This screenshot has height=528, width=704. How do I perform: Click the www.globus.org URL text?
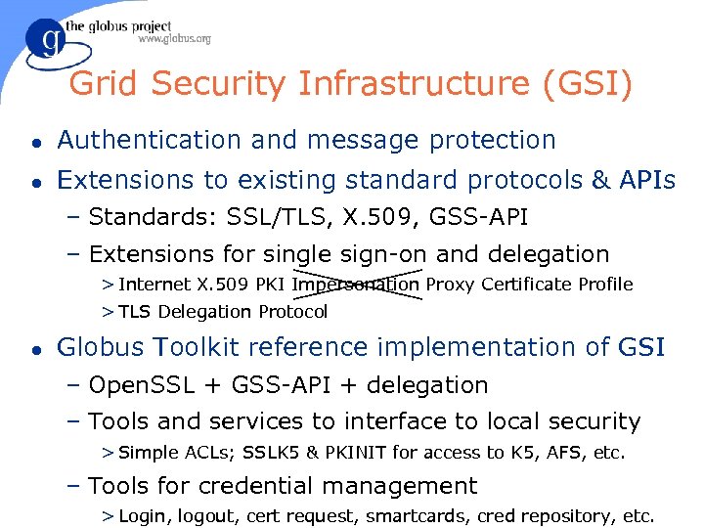point(174,40)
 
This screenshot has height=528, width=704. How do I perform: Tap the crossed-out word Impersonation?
point(356,285)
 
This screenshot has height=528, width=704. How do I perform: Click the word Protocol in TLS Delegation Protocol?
point(293,312)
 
